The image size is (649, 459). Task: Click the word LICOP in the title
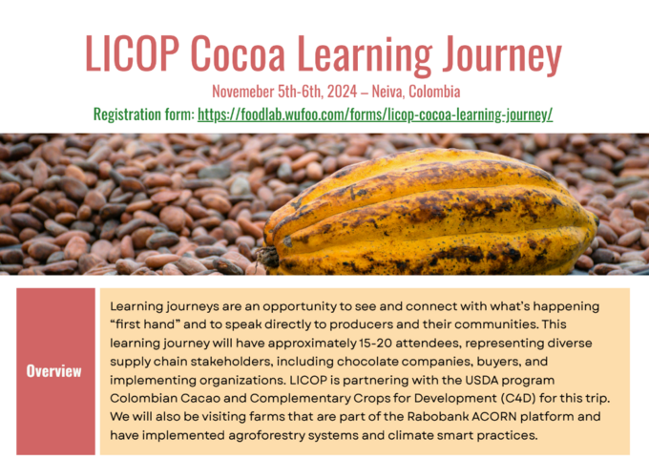point(133,53)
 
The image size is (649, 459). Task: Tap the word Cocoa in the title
point(239,53)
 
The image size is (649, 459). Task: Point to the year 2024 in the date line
point(342,92)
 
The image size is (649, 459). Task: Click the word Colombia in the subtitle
point(434,92)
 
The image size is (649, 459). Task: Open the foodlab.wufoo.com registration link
point(375,115)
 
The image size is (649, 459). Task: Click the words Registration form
point(143,115)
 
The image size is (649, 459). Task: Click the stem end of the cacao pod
point(266,257)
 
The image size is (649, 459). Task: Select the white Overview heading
point(53,371)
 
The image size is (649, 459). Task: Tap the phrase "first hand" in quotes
point(145,324)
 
